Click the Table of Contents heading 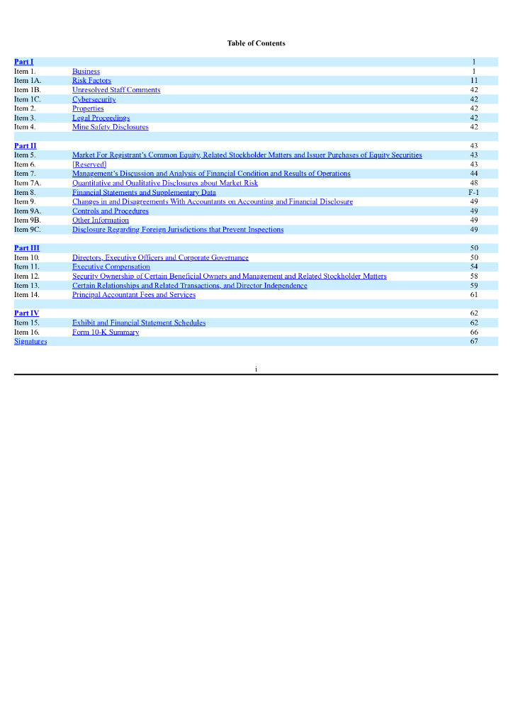[x=256, y=43]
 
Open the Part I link [x=23, y=62]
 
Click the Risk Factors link [x=91, y=81]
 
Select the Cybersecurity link [x=94, y=99]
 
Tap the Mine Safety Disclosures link [x=110, y=127]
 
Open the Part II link [x=25, y=145]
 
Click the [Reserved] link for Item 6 [x=89, y=164]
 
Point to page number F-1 [x=474, y=192]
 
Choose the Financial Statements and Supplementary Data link [x=144, y=192]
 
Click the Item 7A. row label [x=28, y=183]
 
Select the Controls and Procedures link [x=110, y=211]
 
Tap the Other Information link [x=101, y=220]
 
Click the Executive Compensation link [x=111, y=267]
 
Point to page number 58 [x=474, y=276]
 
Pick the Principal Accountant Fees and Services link [x=133, y=294]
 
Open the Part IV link [x=26, y=313]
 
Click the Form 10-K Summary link [x=106, y=332]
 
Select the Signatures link [x=30, y=341]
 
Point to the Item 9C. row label [x=28, y=229]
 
